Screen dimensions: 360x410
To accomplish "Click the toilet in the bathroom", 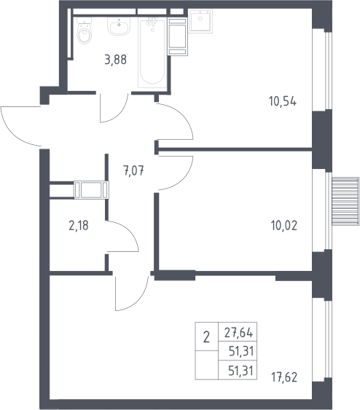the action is pyautogui.click(x=85, y=31).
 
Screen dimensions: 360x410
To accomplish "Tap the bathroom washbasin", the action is pyautogui.click(x=119, y=26).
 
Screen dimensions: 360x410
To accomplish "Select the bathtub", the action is pyautogui.click(x=152, y=52).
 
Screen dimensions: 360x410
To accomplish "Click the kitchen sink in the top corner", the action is pyautogui.click(x=200, y=21).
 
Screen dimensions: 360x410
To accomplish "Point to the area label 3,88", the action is pyautogui.click(x=115, y=60).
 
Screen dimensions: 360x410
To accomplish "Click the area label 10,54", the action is pyautogui.click(x=283, y=101).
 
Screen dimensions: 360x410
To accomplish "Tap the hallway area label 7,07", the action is pyautogui.click(x=133, y=171).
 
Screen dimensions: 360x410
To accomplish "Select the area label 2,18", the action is pyautogui.click(x=79, y=226).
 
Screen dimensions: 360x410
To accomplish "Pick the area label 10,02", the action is pyautogui.click(x=284, y=226).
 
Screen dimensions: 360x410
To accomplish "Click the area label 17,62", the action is pyautogui.click(x=284, y=377).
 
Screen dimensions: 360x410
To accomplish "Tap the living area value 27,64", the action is pyautogui.click(x=238, y=333).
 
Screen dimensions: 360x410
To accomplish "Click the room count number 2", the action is pyautogui.click(x=206, y=337).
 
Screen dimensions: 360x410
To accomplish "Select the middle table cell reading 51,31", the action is pyautogui.click(x=241, y=351).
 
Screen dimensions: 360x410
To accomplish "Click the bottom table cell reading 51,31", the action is pyautogui.click(x=241, y=371).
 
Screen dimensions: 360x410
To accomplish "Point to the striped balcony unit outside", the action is pyautogui.click(x=345, y=201).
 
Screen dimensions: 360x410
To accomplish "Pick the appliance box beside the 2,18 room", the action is pyautogui.click(x=91, y=190).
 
